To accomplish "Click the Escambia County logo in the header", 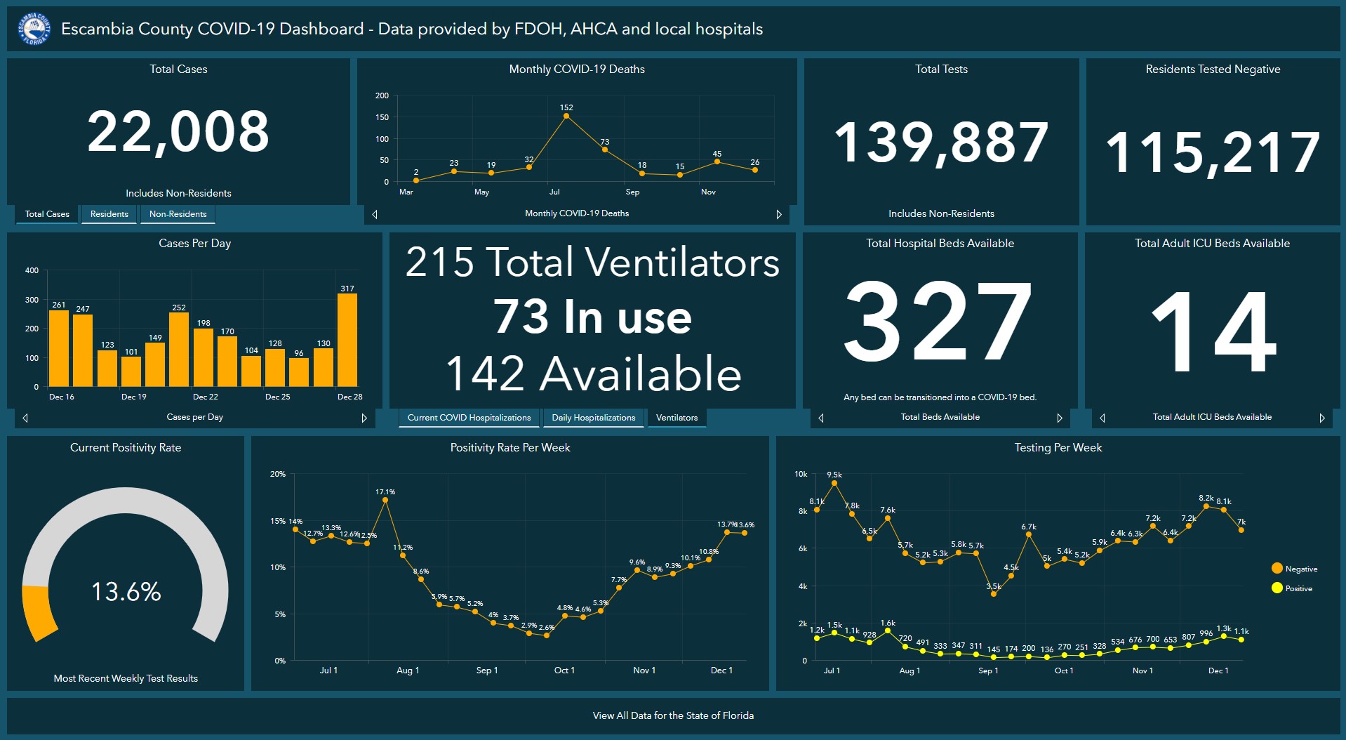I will click(x=34, y=29).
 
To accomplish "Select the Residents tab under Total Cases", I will click(x=109, y=214).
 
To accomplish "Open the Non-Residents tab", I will click(x=178, y=214).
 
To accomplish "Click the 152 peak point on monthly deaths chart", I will click(x=566, y=116).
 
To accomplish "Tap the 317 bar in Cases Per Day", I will click(x=347, y=340).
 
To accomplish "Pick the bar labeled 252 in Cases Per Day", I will click(x=179, y=349).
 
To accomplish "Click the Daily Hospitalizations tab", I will click(x=593, y=418).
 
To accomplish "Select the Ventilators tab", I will click(x=677, y=418).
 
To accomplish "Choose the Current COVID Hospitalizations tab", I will click(x=469, y=418).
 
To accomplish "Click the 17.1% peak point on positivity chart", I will click(x=385, y=500).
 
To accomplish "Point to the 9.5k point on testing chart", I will click(x=834, y=483).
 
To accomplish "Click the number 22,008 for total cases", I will click(x=178, y=132).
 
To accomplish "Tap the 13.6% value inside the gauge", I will click(x=126, y=591).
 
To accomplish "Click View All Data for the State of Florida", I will click(x=673, y=715).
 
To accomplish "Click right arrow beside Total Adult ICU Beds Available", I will click(x=1322, y=418).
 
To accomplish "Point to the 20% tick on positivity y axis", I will click(x=278, y=474).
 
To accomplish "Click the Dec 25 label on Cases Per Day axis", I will click(x=277, y=397).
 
